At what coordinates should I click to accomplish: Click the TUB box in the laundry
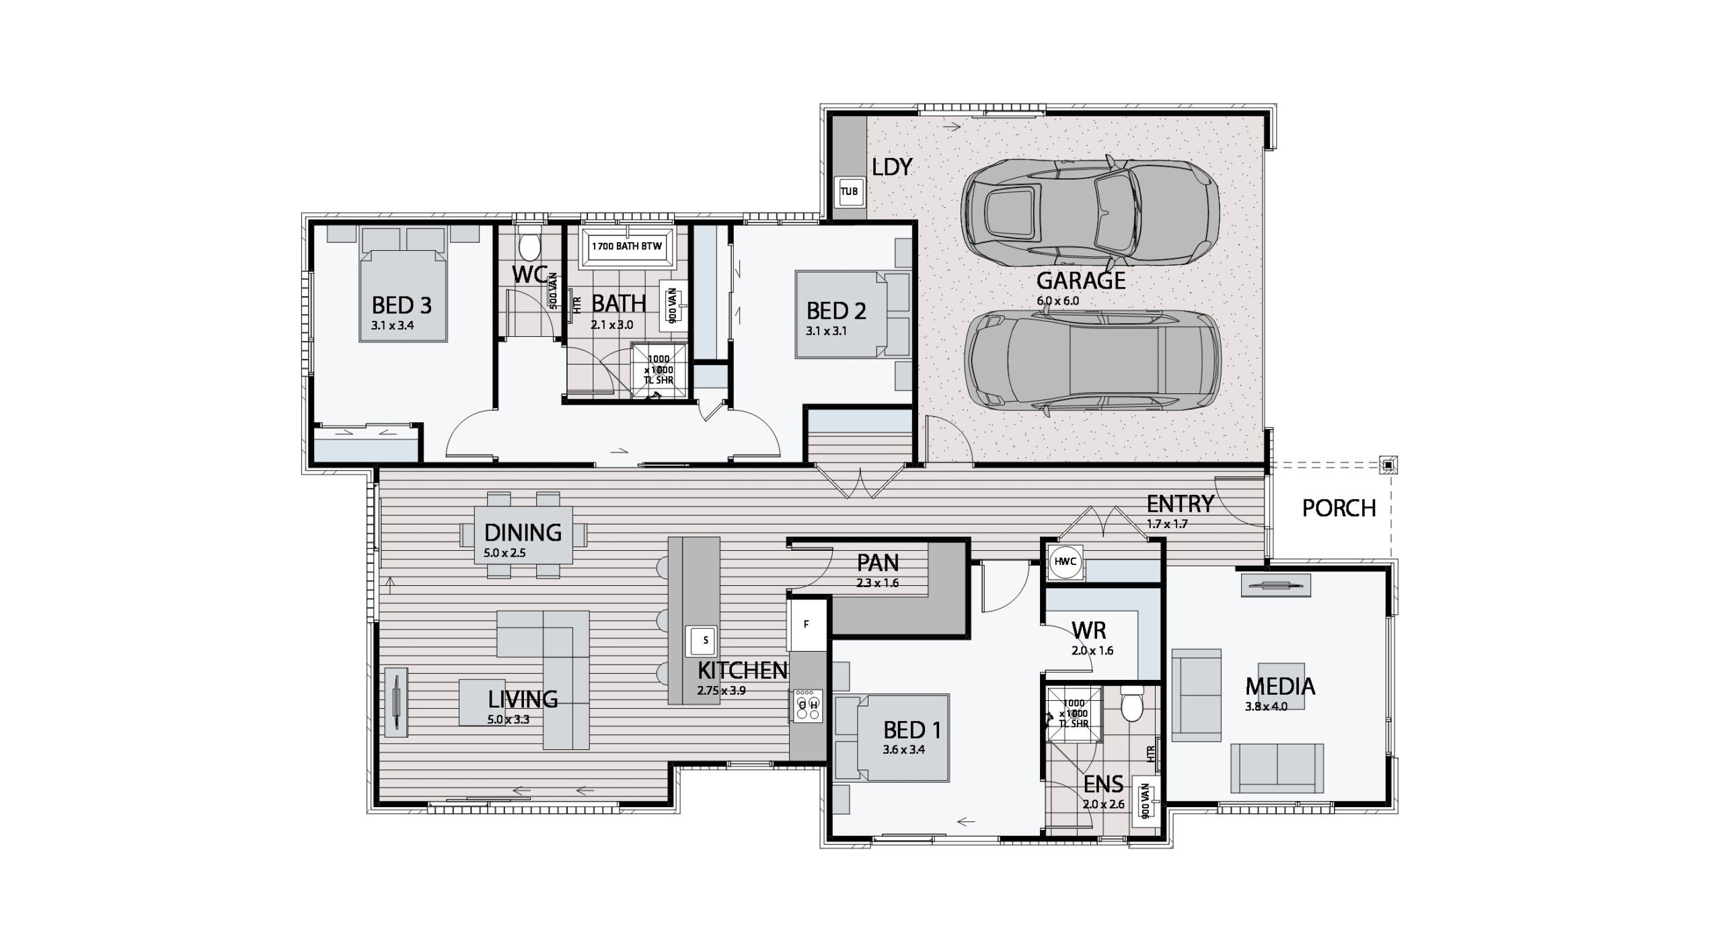click(849, 192)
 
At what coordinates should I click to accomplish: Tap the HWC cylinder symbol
click(1066, 562)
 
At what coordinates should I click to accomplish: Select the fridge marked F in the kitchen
click(807, 625)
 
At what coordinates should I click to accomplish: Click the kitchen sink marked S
click(700, 640)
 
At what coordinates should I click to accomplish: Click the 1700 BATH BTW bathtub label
click(626, 246)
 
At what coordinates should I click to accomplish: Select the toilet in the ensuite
click(1131, 703)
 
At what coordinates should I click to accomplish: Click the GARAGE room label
click(1081, 280)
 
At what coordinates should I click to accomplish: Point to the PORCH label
click(1339, 508)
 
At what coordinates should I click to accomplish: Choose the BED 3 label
click(402, 306)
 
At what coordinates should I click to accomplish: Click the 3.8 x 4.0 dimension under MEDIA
click(1266, 707)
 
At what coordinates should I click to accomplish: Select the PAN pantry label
click(878, 562)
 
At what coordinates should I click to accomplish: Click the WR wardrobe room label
click(1088, 630)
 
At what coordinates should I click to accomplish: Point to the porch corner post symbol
click(1388, 464)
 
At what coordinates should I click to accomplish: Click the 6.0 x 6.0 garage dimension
click(1058, 301)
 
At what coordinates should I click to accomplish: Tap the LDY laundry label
click(892, 167)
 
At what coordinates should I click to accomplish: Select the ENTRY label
click(1181, 504)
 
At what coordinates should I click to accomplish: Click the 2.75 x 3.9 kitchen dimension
click(722, 690)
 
